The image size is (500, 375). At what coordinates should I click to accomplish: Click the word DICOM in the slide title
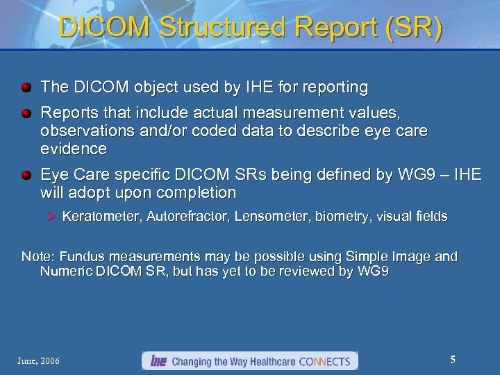tap(103, 28)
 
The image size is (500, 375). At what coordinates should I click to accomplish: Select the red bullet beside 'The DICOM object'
tap(26, 88)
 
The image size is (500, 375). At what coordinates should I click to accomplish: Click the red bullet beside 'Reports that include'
tap(26, 113)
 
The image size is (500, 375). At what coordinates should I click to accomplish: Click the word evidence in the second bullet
tap(74, 149)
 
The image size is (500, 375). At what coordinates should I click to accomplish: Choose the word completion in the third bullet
tap(198, 192)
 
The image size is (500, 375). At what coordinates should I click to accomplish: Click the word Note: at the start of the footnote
tap(38, 256)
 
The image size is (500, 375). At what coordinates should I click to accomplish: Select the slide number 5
tap(452, 360)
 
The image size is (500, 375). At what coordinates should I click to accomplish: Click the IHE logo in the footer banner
tap(157, 361)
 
